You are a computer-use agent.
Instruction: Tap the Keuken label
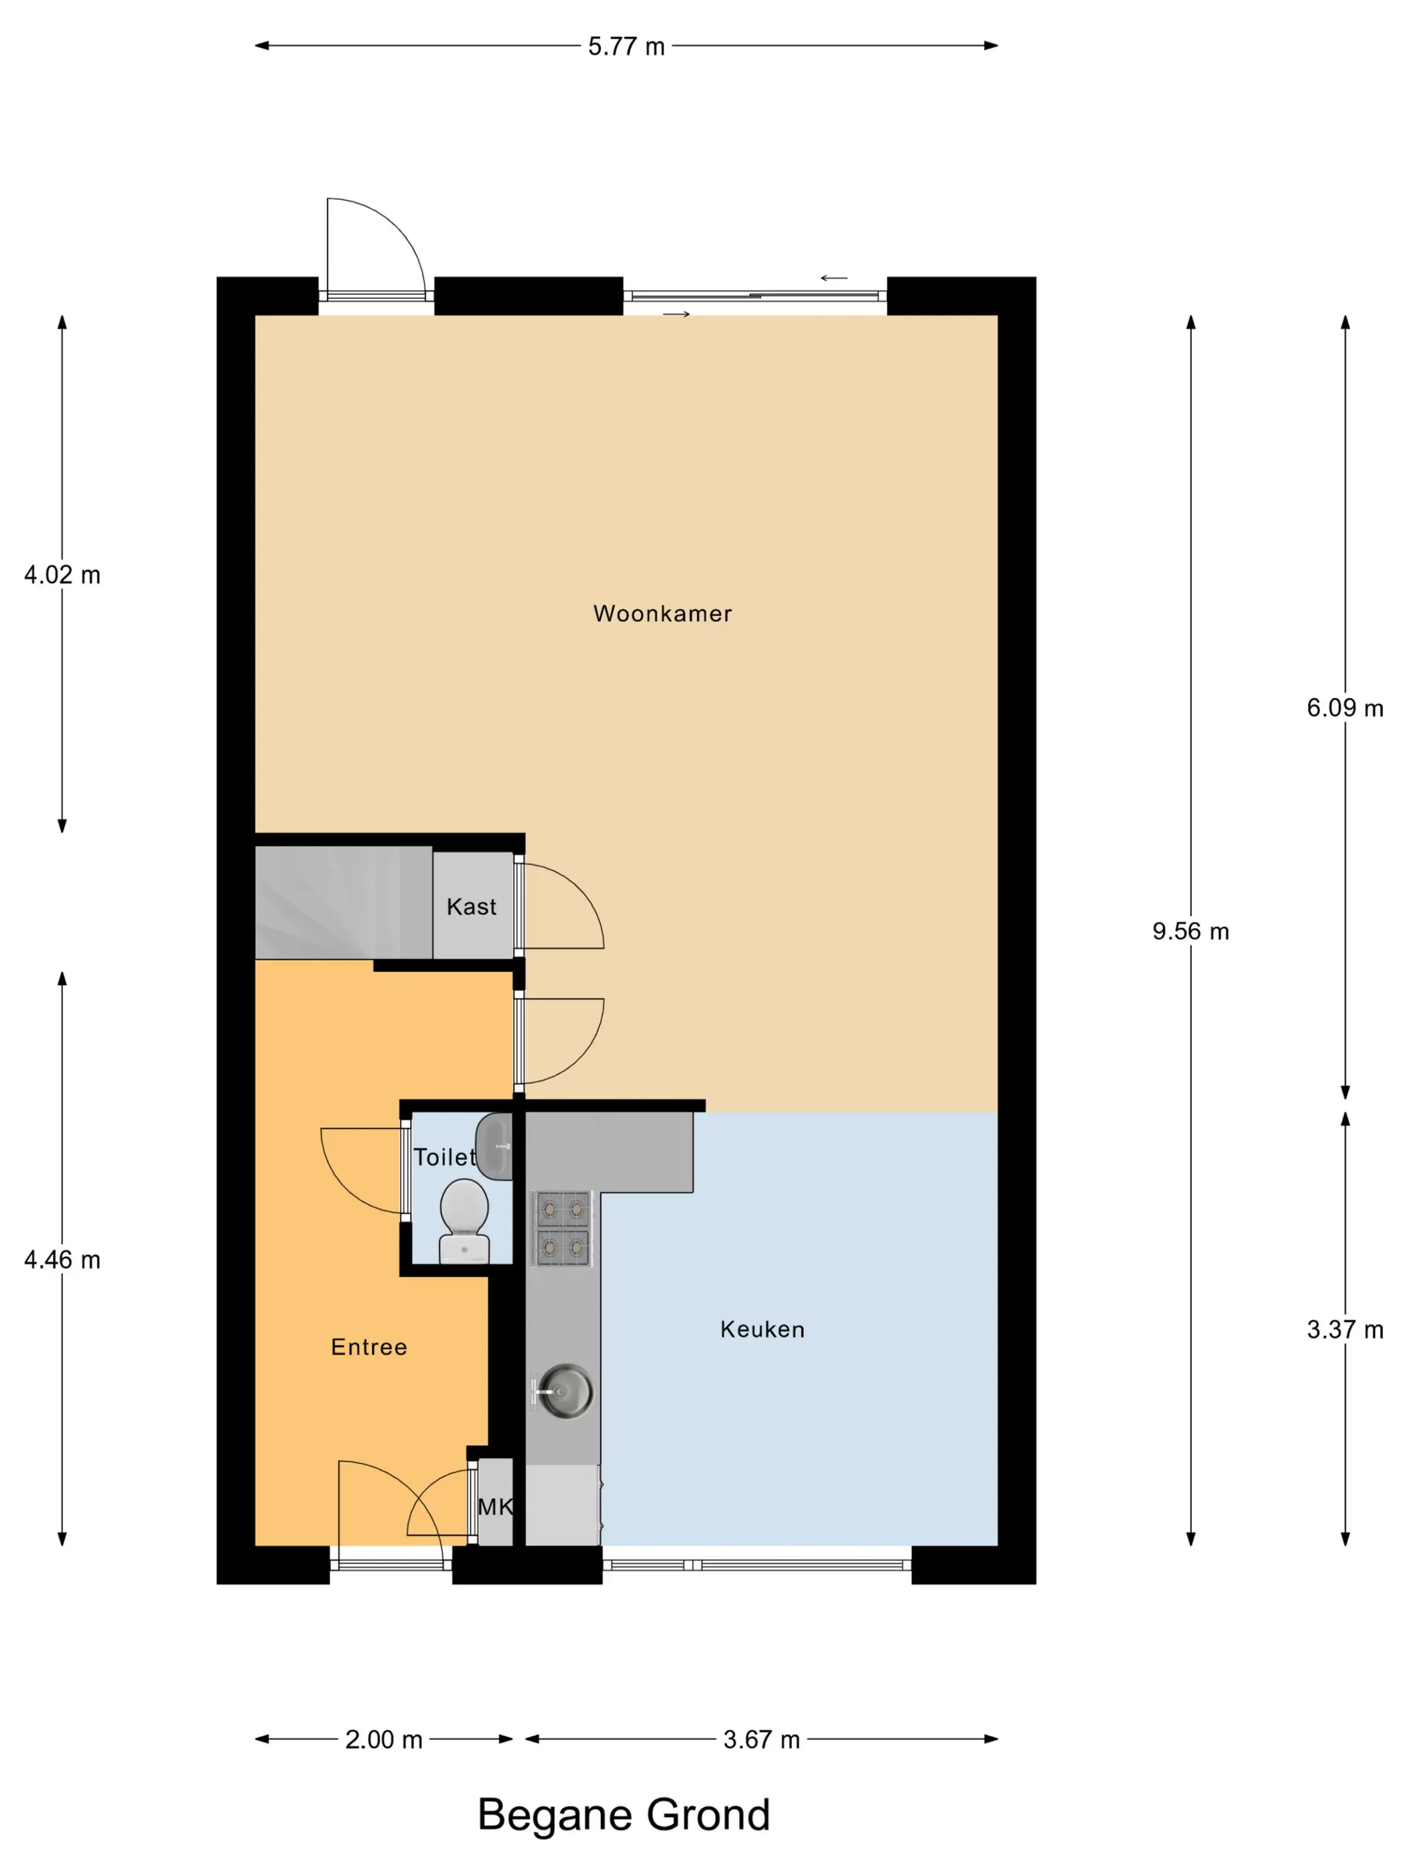[762, 1329]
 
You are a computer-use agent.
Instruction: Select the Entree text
[369, 1347]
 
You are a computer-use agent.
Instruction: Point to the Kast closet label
[472, 907]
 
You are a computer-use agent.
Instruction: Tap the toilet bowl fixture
[464, 1221]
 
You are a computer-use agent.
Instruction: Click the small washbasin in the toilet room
[494, 1146]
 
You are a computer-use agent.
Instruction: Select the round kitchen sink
[565, 1391]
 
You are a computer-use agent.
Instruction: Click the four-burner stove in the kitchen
[561, 1228]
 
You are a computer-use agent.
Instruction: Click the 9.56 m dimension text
[1190, 931]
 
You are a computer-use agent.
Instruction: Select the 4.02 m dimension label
[62, 575]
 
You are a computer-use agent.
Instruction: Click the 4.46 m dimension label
[62, 1260]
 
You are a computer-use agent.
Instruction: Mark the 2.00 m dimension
[383, 1739]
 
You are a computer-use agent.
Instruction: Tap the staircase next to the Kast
[344, 902]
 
